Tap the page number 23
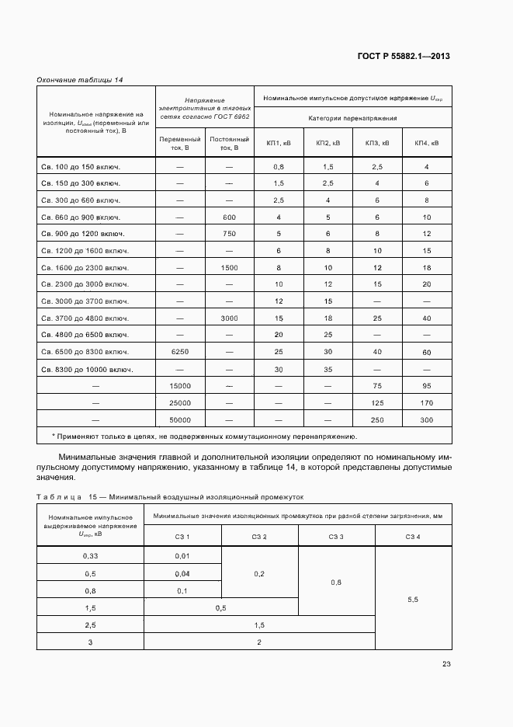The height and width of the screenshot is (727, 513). (x=446, y=663)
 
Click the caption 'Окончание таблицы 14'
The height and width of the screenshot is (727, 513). (x=80, y=80)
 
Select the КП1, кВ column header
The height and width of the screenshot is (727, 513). (x=279, y=143)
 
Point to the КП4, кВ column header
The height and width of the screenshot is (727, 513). (x=426, y=143)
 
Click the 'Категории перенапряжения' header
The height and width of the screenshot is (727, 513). (x=352, y=118)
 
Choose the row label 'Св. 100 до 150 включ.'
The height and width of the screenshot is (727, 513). (x=85, y=167)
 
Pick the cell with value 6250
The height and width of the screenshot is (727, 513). (x=180, y=352)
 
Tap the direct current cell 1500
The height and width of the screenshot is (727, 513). (x=229, y=268)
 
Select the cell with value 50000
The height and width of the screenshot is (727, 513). (x=180, y=419)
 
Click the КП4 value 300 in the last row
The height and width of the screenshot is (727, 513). (x=426, y=419)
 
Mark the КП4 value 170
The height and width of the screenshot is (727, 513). (x=426, y=403)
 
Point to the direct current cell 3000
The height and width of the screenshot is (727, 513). (x=229, y=318)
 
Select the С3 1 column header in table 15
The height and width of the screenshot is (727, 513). (x=182, y=537)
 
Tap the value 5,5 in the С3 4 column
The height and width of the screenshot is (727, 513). (x=413, y=599)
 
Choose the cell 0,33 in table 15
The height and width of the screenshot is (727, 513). (x=90, y=556)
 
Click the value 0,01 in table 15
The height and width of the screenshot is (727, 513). (x=182, y=556)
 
